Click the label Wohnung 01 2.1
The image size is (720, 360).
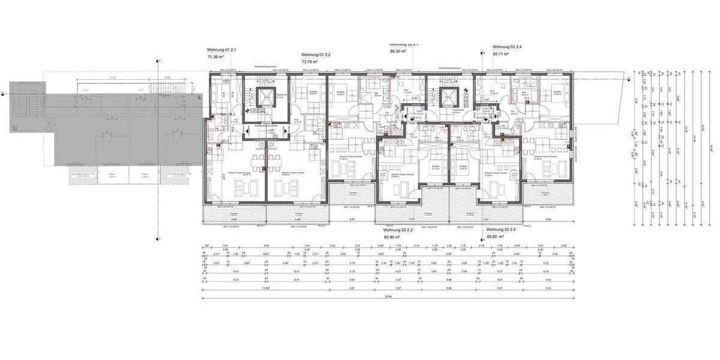click(221, 49)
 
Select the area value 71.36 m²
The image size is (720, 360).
click(215, 57)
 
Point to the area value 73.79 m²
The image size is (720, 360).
click(310, 62)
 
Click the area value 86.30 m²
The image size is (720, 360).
click(397, 52)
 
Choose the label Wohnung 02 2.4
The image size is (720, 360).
click(507, 46)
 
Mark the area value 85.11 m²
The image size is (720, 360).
click(500, 54)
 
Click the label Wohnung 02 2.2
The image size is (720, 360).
click(397, 230)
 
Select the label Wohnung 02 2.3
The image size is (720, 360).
click(500, 230)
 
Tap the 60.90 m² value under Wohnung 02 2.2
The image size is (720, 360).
click(392, 237)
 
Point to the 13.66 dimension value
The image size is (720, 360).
click(265, 288)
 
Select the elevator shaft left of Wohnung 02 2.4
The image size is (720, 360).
click(448, 97)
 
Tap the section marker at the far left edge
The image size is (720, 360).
click(4, 93)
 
